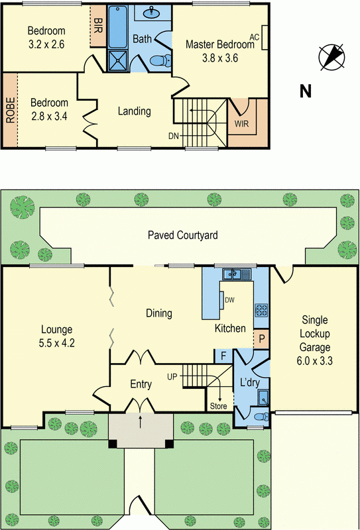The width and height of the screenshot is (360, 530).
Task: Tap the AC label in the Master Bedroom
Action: tap(253, 36)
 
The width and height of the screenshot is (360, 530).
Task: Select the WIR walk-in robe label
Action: tap(240, 123)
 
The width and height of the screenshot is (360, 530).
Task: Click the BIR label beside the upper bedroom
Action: tap(98, 26)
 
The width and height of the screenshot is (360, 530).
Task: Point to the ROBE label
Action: tap(10, 111)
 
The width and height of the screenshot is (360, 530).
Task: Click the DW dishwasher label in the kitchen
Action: tap(229, 299)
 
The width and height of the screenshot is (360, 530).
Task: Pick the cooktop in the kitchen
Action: tap(261, 309)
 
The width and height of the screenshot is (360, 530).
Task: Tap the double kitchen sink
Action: tap(235, 272)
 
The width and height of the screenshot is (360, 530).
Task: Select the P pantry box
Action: tap(262, 339)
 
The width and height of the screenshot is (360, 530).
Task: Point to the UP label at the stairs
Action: tap(172, 376)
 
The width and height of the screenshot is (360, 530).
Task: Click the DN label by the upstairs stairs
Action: tap(174, 136)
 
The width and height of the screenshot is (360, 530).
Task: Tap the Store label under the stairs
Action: tap(218, 405)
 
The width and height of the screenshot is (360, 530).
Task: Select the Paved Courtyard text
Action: tap(182, 235)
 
